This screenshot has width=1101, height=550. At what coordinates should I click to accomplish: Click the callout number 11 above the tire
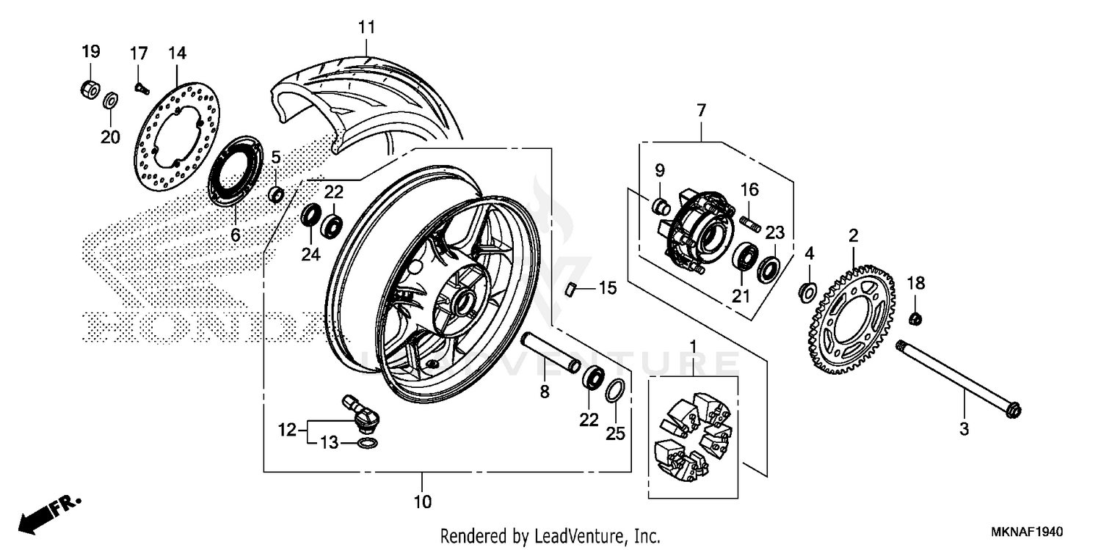[x=366, y=28]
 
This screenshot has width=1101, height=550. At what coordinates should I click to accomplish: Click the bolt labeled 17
[x=141, y=89]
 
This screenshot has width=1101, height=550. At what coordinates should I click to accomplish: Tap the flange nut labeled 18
[x=915, y=318]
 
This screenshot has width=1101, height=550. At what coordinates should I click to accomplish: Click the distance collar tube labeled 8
[x=550, y=352]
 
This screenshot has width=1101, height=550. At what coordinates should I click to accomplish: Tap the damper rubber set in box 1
[x=693, y=437]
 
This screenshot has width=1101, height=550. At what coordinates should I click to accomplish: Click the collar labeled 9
[x=660, y=207]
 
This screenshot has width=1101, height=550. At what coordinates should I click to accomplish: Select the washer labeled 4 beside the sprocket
[x=806, y=292]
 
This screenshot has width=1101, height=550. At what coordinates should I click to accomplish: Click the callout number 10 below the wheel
[x=422, y=502]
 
